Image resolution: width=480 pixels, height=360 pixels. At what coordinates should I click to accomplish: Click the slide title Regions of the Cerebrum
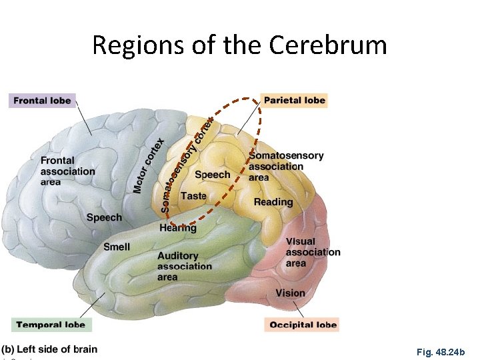point(239,45)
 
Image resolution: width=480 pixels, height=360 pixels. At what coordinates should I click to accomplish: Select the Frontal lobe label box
point(42,101)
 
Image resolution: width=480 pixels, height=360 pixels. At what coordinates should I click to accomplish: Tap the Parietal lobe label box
point(295,101)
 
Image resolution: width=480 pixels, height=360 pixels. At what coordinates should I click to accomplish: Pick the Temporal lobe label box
point(51,325)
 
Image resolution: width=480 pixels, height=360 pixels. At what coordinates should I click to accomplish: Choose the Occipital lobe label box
point(303,325)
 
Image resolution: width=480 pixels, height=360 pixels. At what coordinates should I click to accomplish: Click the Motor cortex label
point(149,165)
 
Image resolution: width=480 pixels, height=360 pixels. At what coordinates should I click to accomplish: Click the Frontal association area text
point(67,171)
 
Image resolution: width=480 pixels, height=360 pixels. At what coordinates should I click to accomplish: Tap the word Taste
point(193,196)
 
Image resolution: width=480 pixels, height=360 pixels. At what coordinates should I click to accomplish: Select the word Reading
point(273,202)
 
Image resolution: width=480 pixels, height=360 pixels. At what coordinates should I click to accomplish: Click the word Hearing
point(178,228)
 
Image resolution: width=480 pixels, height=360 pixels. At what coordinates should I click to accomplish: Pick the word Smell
point(117,247)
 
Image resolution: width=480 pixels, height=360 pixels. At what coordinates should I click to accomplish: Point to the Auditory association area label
point(184,266)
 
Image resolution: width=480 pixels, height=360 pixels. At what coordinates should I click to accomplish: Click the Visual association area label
point(312,252)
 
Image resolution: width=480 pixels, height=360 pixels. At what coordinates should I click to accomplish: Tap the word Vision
point(290,293)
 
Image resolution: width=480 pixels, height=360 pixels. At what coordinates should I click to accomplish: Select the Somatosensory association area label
point(286,167)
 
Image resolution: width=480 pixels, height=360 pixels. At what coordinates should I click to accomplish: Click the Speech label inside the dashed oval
point(213,175)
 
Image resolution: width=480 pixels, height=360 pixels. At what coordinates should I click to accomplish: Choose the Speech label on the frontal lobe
point(104,217)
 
